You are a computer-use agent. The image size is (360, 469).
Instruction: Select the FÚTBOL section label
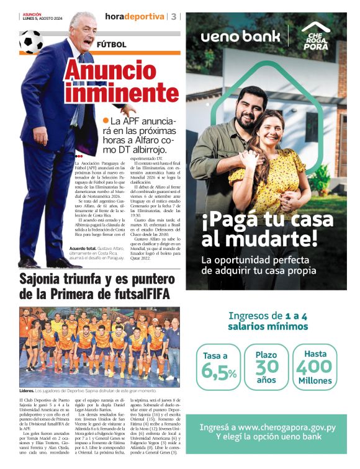pyautogui.click(x=111, y=45)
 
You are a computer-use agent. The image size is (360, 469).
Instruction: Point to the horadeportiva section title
pyautogui.click(x=135, y=16)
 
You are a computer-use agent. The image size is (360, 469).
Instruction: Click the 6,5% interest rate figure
pyautogui.click(x=219, y=372)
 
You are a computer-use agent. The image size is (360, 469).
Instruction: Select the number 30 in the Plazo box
pyautogui.click(x=266, y=367)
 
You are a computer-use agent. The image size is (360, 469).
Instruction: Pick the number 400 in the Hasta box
pyautogui.click(x=315, y=367)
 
